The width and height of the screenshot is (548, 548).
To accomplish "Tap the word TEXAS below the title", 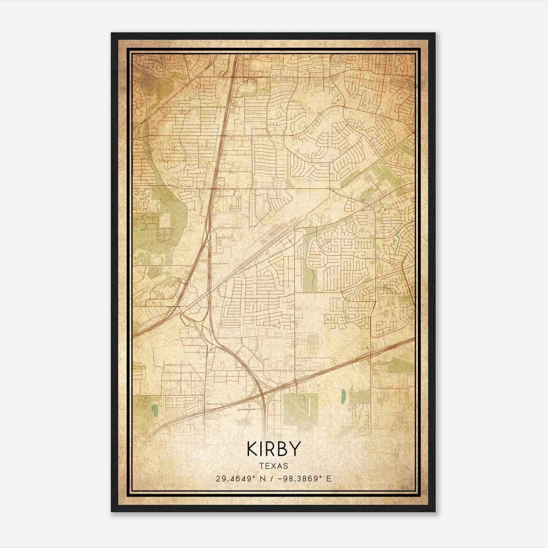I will pyautogui.click(x=273, y=466).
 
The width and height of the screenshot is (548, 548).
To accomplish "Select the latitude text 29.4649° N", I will pyautogui.click(x=239, y=478).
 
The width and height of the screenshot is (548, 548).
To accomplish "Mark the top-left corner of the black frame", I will pyautogui.click(x=112, y=34).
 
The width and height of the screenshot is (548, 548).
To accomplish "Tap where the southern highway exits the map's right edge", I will pyautogui.click(x=414, y=338).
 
